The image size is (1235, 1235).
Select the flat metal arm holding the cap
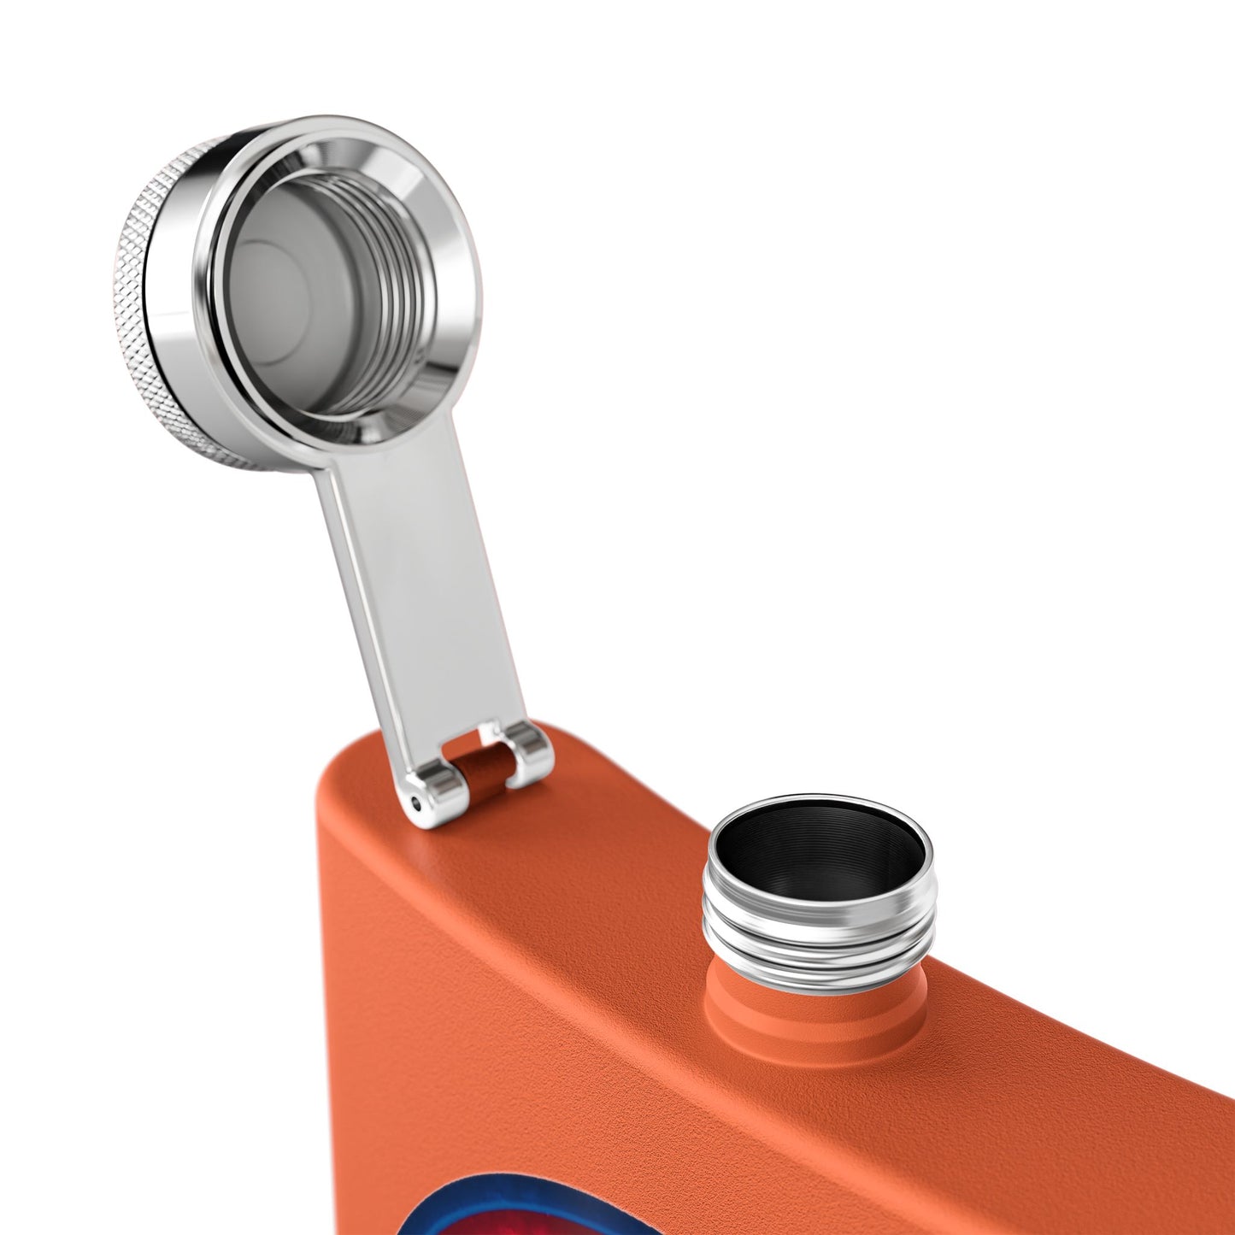coord(402,581)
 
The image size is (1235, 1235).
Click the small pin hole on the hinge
coord(416,801)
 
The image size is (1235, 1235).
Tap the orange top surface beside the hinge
coord(615,820)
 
